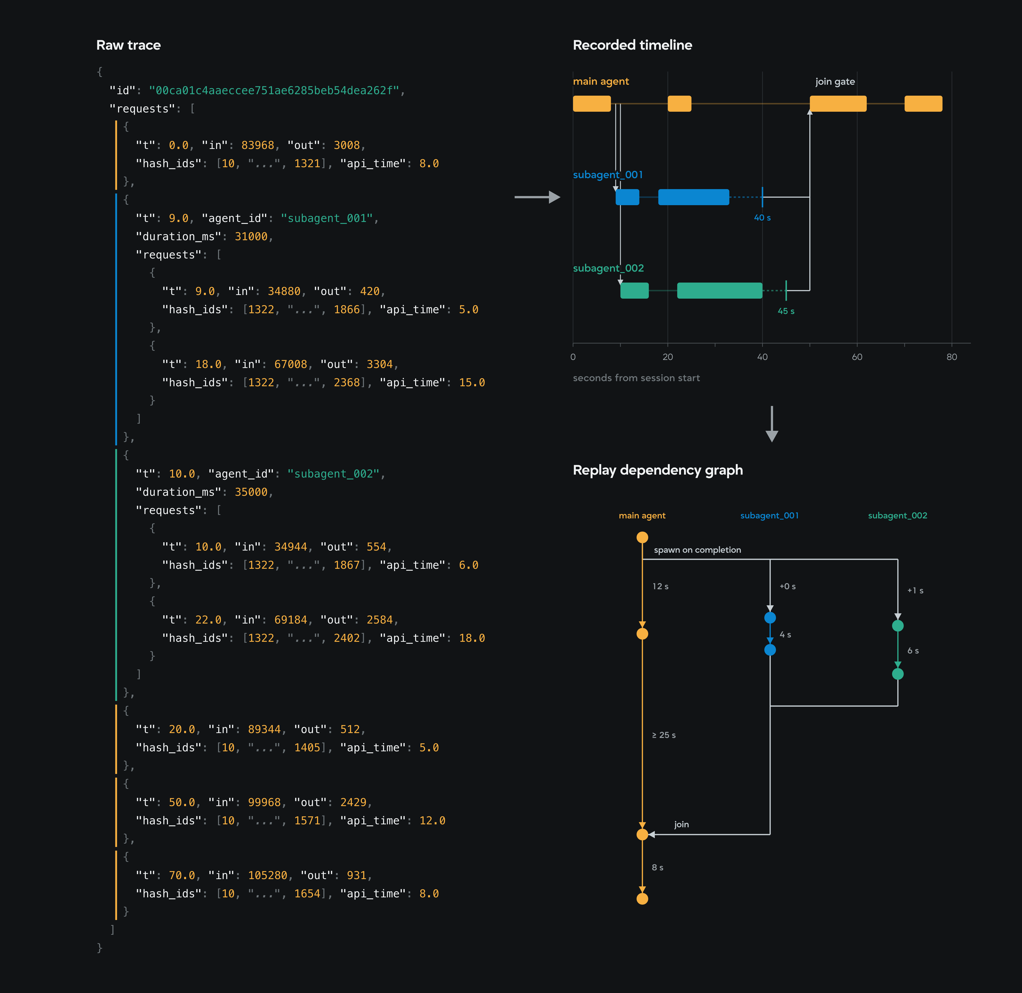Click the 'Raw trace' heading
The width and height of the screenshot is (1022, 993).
click(x=128, y=45)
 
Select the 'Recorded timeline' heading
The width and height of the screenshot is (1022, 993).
click(x=632, y=45)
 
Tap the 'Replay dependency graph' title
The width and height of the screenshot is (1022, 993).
click(x=657, y=470)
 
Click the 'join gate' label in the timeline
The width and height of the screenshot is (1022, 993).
click(x=835, y=81)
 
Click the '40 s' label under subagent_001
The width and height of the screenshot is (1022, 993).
click(x=762, y=218)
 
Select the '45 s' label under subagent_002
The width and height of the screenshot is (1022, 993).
click(x=786, y=311)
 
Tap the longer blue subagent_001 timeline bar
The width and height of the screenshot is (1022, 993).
click(x=693, y=197)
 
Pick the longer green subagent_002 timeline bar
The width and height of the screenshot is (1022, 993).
click(x=720, y=291)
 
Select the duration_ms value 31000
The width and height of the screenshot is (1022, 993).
click(x=251, y=237)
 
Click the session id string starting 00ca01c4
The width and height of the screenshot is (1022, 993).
click(x=274, y=91)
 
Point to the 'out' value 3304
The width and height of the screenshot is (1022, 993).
click(x=380, y=365)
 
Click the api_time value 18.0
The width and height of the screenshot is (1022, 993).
click(x=472, y=638)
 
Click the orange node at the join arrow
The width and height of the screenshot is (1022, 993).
click(x=642, y=835)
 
